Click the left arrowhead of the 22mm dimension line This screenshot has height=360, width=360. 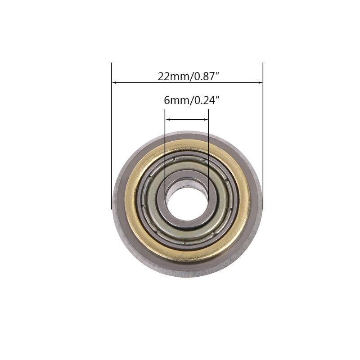[114, 83]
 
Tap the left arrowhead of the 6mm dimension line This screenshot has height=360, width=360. [168, 119]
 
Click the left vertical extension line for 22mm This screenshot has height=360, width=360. [111, 135]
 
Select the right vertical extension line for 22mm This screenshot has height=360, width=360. [263, 135]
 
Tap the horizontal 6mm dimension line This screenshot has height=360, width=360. [187, 119]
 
